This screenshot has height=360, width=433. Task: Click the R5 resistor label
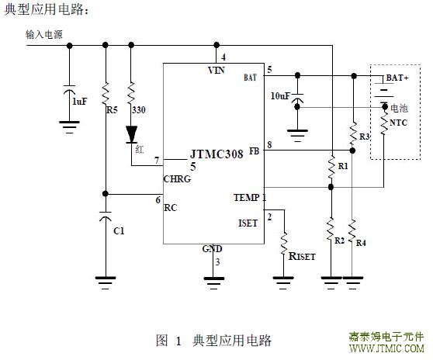click(112, 110)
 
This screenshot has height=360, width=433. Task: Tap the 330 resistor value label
click(139, 110)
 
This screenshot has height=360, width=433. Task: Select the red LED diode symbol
click(131, 134)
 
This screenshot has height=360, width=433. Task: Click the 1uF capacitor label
click(79, 102)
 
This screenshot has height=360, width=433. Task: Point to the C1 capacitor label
click(119, 230)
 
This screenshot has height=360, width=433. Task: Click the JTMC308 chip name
click(216, 154)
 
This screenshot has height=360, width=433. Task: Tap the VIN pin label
click(216, 71)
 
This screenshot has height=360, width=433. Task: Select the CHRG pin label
click(177, 179)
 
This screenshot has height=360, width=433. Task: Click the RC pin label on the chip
click(171, 208)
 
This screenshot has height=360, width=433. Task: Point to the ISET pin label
click(248, 223)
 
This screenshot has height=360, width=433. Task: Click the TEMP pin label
click(247, 198)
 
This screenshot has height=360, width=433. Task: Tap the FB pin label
click(254, 151)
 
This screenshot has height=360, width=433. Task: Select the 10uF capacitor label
click(281, 96)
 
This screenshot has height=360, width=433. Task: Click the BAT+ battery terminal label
click(397, 78)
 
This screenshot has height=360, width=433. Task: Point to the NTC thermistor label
click(398, 123)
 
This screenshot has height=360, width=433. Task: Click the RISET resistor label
click(302, 256)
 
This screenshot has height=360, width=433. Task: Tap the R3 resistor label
click(365, 137)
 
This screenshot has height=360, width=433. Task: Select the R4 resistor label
click(361, 243)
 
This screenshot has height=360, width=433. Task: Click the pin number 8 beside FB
click(269, 144)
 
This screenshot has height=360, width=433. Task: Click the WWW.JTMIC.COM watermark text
click(386, 348)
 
